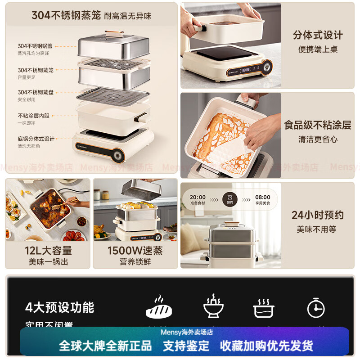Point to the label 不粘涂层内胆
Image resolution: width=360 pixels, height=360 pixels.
point(34,116)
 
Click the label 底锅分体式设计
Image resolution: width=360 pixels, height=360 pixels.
point(36,139)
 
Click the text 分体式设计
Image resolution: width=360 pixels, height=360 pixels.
point(318,35)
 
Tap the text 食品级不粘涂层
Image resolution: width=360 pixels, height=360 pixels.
point(318,125)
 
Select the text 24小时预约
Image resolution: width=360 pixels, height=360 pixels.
point(317,215)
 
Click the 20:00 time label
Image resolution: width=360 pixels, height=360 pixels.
point(198,197)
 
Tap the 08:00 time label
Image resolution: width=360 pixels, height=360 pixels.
point(262,197)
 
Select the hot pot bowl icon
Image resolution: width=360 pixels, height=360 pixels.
point(213,307)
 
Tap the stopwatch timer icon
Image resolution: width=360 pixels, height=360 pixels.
point(315,308)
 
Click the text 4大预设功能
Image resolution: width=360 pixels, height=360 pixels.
point(59,308)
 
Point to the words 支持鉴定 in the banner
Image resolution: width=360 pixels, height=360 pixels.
point(186,346)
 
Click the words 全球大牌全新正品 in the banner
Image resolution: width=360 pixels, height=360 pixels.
point(106,346)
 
